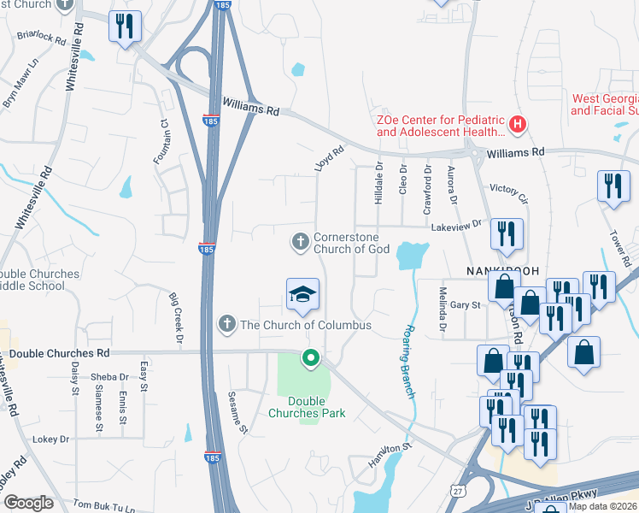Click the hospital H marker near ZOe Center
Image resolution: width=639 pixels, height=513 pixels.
tap(517, 126)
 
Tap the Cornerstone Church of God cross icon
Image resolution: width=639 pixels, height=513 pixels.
tap(300, 243)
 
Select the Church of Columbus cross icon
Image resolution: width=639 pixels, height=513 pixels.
tap(226, 323)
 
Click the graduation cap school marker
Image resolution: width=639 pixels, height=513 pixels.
tap(302, 295)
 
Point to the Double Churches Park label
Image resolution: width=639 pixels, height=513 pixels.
tap(316, 406)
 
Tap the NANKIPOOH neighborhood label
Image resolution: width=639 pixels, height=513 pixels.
tap(503, 270)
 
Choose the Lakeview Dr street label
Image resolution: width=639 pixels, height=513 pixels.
tap(456, 224)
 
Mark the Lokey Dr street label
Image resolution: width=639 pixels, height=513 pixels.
tap(50, 439)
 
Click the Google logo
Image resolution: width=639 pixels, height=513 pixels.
tap(28, 503)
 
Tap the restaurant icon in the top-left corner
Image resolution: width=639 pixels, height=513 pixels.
tap(125, 27)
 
